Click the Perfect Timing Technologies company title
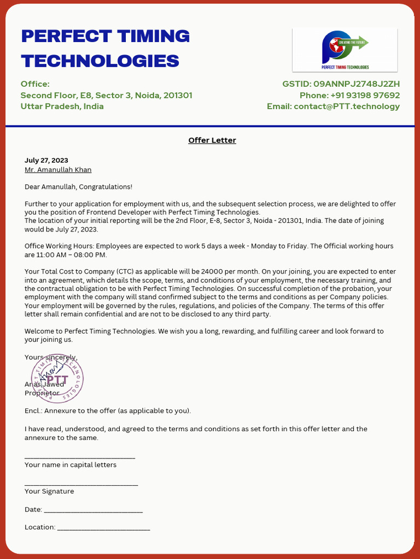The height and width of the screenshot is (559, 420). point(105,48)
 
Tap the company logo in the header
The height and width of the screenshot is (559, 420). point(345,50)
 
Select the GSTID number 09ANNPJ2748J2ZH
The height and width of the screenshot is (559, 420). point(357,84)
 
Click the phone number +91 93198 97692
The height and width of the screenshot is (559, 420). point(365,95)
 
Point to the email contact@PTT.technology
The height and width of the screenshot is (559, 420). point(347,106)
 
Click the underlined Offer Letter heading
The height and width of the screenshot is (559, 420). point(212,140)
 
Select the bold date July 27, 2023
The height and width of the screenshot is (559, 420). point(46,160)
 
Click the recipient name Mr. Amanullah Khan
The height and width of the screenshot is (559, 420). point(58,170)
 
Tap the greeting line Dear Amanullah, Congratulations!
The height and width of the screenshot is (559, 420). point(78,187)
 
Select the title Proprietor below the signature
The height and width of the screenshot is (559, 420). point(42,393)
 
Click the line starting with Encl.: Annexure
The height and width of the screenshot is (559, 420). point(108,411)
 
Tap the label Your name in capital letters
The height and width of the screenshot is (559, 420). point(71,465)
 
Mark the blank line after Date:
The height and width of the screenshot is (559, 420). point(93,511)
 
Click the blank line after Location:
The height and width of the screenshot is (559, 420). point(103,528)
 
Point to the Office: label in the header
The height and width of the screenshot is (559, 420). point(35,84)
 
